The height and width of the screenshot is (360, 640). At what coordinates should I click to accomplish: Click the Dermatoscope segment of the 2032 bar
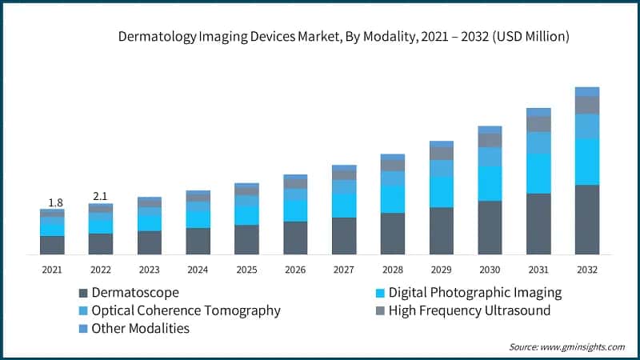pos(587,220)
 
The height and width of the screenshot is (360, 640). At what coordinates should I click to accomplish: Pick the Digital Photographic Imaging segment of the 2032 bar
pos(587,162)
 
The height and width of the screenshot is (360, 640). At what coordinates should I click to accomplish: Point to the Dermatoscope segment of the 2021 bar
pos(52,245)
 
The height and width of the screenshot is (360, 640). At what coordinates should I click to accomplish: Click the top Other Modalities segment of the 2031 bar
pos(538,112)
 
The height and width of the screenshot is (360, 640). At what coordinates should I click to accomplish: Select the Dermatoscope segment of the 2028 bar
pos(392,234)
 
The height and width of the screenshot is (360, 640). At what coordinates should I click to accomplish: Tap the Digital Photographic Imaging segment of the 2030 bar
pos(490,183)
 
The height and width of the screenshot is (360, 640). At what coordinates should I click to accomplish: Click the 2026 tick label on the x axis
pos(295,270)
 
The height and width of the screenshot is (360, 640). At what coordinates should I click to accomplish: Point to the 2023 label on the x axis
pos(150,270)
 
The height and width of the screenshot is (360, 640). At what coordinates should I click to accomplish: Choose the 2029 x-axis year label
pos(441,270)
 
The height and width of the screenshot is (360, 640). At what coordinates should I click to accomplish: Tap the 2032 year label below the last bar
pos(587,270)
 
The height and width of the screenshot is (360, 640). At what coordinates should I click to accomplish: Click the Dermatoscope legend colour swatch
pos(82,293)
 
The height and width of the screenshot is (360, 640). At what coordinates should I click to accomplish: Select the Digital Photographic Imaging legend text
pos(475,293)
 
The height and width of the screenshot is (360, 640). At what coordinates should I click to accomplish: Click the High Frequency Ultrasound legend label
pos(470,310)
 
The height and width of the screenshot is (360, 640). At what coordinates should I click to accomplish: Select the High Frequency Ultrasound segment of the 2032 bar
pos(587,105)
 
